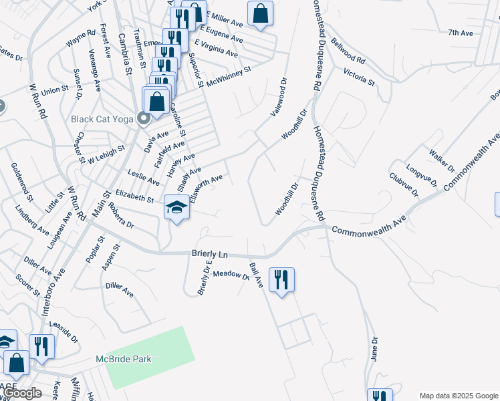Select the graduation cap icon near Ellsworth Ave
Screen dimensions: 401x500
[x=176, y=209]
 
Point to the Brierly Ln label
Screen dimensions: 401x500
[x=210, y=254]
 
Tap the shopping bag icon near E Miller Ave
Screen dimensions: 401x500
[x=260, y=13]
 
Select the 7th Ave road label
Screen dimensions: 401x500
[x=461, y=32]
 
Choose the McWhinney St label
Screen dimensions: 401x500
[x=229, y=76]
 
